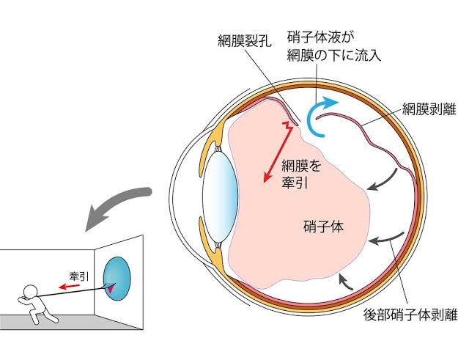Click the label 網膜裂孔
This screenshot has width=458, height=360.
[245, 42]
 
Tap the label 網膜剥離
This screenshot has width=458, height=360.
[429, 109]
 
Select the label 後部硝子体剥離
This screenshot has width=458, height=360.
[410, 315]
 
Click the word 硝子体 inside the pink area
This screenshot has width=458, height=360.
[323, 227]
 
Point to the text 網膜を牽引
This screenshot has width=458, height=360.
[301, 175]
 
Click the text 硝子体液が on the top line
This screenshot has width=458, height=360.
[321, 37]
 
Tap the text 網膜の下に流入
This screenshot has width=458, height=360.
[334, 55]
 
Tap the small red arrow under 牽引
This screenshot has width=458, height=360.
[69, 286]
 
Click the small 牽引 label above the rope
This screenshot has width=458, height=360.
[79, 276]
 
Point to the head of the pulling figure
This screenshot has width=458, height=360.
[30, 292]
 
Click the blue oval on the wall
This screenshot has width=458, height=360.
[117, 279]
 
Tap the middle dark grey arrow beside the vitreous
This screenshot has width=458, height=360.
[385, 238]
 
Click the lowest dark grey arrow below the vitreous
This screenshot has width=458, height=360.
[344, 282]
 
